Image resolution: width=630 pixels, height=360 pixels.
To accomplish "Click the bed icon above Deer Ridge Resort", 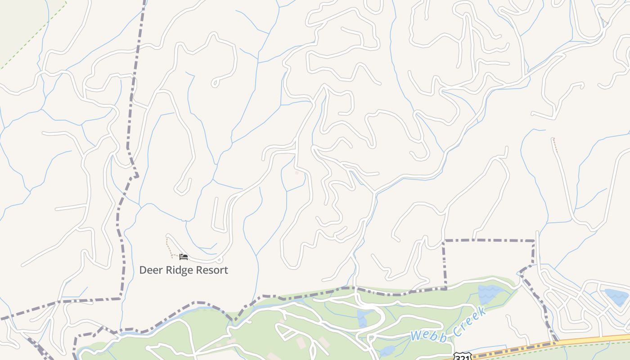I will tap(183, 257).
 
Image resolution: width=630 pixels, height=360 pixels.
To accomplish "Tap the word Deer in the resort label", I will tap(150, 270).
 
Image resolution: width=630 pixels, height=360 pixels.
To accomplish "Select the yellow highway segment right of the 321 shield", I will tap(585, 341).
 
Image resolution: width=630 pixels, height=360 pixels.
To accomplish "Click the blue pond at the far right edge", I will tap(616, 297).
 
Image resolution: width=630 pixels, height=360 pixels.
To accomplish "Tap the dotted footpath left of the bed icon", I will tap(168, 247).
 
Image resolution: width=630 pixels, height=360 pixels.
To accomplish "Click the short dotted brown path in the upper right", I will tap(555, 145).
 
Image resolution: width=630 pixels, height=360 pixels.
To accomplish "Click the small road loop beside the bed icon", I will tap(219, 259).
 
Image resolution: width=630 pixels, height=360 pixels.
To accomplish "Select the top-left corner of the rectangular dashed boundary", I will tap(444, 242).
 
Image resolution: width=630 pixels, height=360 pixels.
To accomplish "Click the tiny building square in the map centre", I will tap(297, 173).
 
